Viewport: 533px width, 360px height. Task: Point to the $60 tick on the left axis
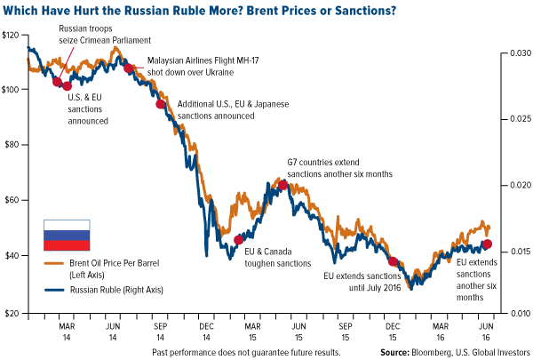[x=12, y=201]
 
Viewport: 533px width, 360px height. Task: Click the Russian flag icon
[x=67, y=235]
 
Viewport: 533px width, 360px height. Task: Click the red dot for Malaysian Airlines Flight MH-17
[x=129, y=68]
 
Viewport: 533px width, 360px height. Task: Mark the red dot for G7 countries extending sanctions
[x=283, y=185]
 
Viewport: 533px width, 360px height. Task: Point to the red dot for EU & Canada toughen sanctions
[x=238, y=239]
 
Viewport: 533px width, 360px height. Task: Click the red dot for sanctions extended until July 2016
[x=393, y=262]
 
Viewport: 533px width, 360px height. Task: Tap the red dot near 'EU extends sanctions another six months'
[x=487, y=244]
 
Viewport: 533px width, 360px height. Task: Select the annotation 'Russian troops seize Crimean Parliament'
[x=107, y=35]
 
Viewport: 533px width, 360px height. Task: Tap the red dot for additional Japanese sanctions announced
[x=161, y=104]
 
